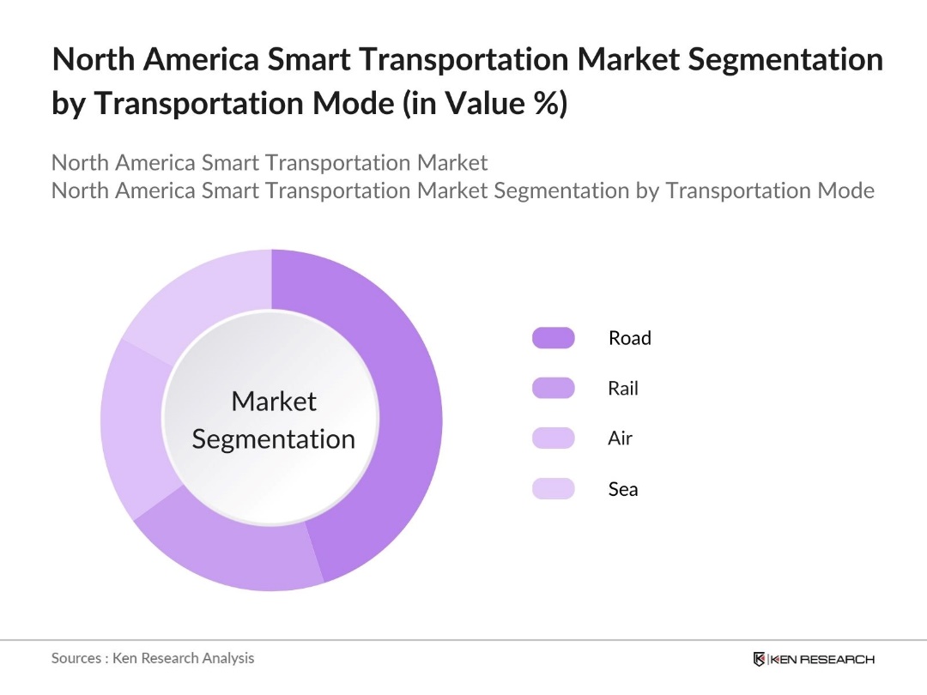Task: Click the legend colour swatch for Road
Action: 553,338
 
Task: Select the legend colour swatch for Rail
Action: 553,388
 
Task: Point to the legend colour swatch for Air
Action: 553,438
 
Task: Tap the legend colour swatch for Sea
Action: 553,489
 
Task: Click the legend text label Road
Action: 629,338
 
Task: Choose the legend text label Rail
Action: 623,388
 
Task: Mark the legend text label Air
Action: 620,438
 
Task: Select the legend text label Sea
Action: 622,489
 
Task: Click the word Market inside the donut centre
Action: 274,401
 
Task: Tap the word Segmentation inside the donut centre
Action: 273,438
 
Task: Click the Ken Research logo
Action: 813,659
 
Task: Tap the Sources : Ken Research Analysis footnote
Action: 153,658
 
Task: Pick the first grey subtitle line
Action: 270,162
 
